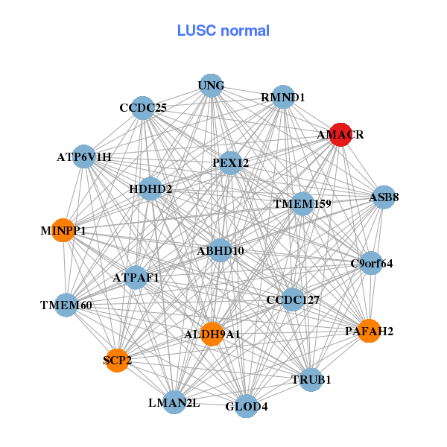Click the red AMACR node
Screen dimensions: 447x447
coord(340,135)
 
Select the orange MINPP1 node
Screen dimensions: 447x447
coord(65,230)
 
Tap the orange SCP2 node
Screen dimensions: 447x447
coord(117,361)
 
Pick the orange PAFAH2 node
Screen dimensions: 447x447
coord(370,330)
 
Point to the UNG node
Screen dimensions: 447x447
coord(211,86)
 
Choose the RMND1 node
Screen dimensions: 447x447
coord(282,98)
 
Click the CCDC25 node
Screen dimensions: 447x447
coord(142,108)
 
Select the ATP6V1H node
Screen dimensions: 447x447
coord(84,157)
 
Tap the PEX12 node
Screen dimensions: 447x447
coord(230,162)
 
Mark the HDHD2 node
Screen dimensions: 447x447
coord(150,189)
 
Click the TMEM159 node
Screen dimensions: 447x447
coord(302,203)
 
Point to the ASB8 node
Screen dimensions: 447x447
coord(384,197)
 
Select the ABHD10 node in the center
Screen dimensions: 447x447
coord(220,251)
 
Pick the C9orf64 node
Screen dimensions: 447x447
coord(371,263)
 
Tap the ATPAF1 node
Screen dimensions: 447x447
coord(136,278)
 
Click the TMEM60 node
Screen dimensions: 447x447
coord(66,305)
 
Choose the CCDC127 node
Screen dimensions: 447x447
coord(293,300)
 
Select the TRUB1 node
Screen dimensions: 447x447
coord(311,379)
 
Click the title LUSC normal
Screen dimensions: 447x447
coord(223,31)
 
